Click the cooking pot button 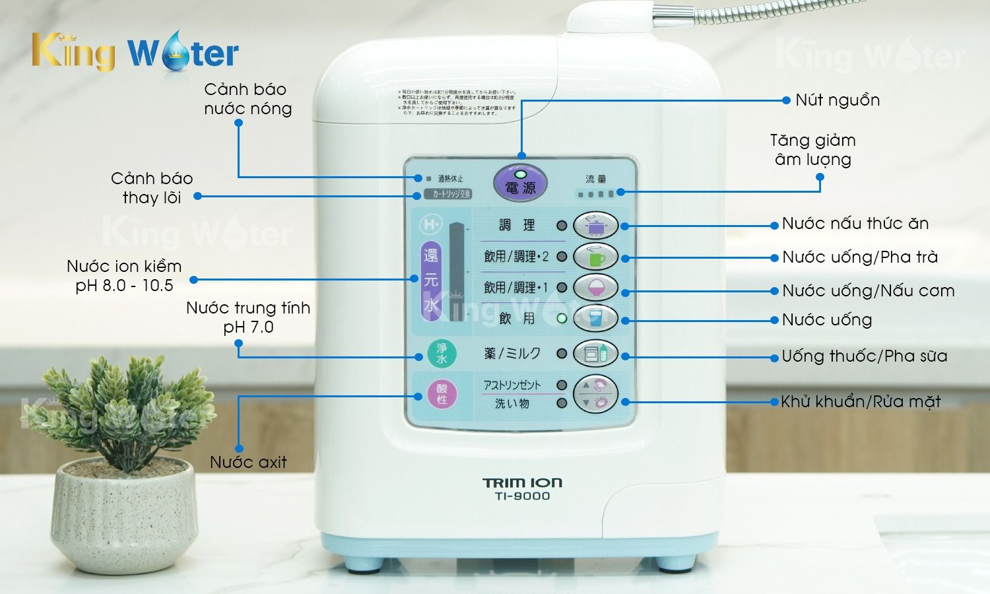click(x=595, y=226)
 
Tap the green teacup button click(x=595, y=257)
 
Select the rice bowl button click(x=595, y=288)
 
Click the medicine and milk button click(x=595, y=354)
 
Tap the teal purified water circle click(x=442, y=354)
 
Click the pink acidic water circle click(x=442, y=394)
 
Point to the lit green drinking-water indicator click(x=562, y=319)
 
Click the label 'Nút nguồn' click(x=837, y=100)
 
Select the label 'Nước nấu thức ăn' click(x=855, y=224)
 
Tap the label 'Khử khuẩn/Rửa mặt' click(x=860, y=402)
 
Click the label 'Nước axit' click(x=248, y=462)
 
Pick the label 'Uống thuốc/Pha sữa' click(x=864, y=356)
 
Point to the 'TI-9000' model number click(x=522, y=496)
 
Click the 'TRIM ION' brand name click(x=522, y=483)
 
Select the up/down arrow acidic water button click(x=595, y=394)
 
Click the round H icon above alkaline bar click(x=430, y=225)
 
